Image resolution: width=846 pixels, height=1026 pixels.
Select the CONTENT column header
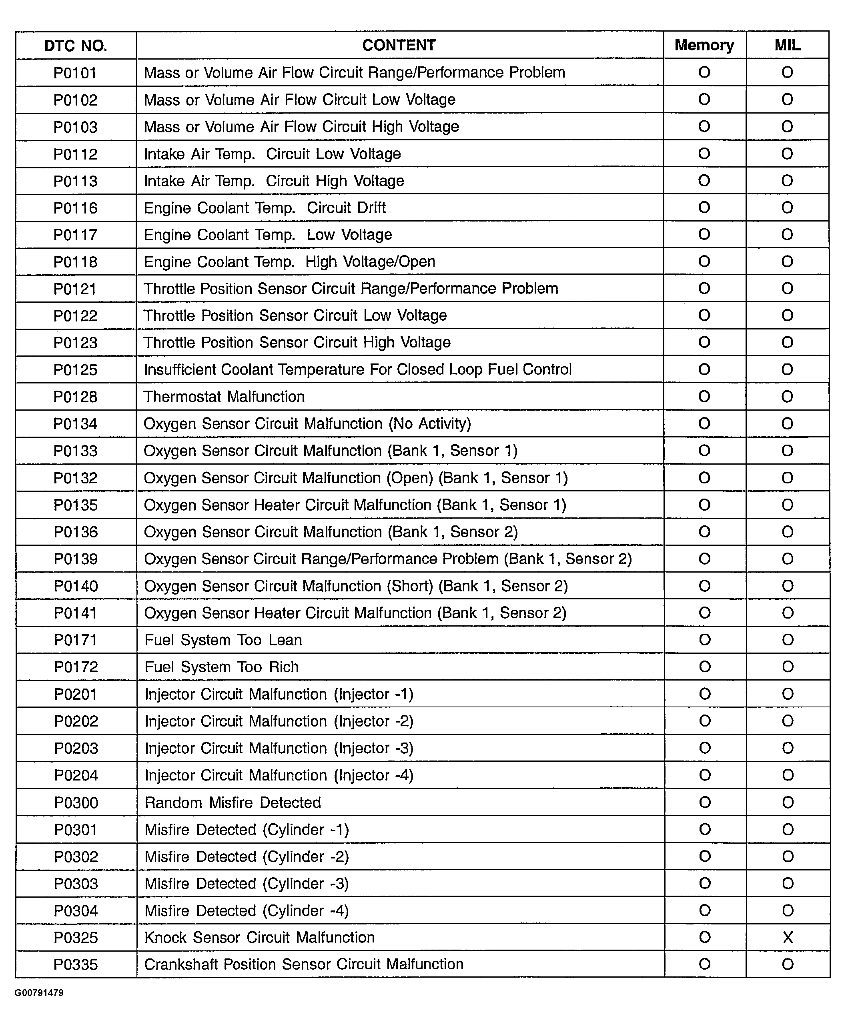pyautogui.click(x=399, y=45)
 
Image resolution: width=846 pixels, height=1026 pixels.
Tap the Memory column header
pyautogui.click(x=704, y=45)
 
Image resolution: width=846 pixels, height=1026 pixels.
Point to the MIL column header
pyautogui.click(x=787, y=45)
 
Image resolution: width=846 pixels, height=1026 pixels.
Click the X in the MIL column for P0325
pyautogui.click(x=788, y=937)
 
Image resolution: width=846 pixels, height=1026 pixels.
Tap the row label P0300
pyautogui.click(x=76, y=802)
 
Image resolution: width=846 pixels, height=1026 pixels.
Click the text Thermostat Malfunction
pyautogui.click(x=224, y=396)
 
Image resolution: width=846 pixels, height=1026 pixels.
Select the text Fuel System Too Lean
pyautogui.click(x=223, y=640)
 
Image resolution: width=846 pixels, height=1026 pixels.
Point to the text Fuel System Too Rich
pyautogui.click(x=222, y=667)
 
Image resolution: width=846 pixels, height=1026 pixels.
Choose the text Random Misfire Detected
pyautogui.click(x=233, y=802)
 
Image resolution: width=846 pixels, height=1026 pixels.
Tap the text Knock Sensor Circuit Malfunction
pyautogui.click(x=260, y=937)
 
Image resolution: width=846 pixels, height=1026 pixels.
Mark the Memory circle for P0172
pyautogui.click(x=705, y=667)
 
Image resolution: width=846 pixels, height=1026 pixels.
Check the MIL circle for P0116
pyautogui.click(x=787, y=208)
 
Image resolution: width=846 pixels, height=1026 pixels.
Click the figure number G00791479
pyautogui.click(x=39, y=993)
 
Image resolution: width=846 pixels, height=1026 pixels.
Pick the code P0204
pyautogui.click(x=76, y=775)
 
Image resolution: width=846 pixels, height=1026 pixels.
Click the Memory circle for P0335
pyautogui.click(x=705, y=964)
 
